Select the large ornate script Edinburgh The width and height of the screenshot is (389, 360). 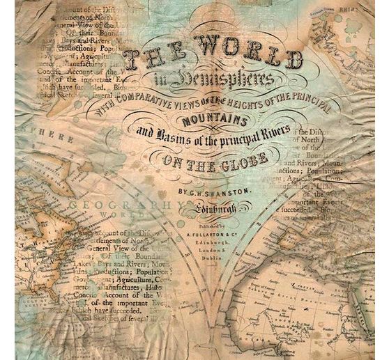tap(206, 208)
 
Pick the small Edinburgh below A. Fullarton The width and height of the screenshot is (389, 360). tap(206, 242)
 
